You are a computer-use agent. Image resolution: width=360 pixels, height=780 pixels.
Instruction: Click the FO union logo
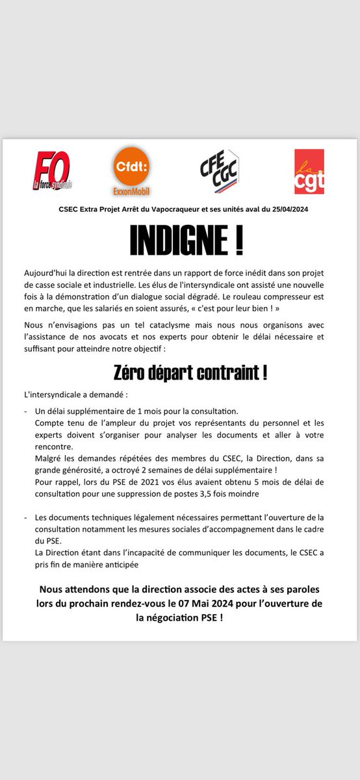pos(53,172)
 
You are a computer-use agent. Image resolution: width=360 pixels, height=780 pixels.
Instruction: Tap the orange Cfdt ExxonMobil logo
pos(132,170)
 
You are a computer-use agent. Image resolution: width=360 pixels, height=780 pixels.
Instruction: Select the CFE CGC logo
pos(219,171)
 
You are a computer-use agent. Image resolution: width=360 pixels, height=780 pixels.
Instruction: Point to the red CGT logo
pos(309,171)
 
